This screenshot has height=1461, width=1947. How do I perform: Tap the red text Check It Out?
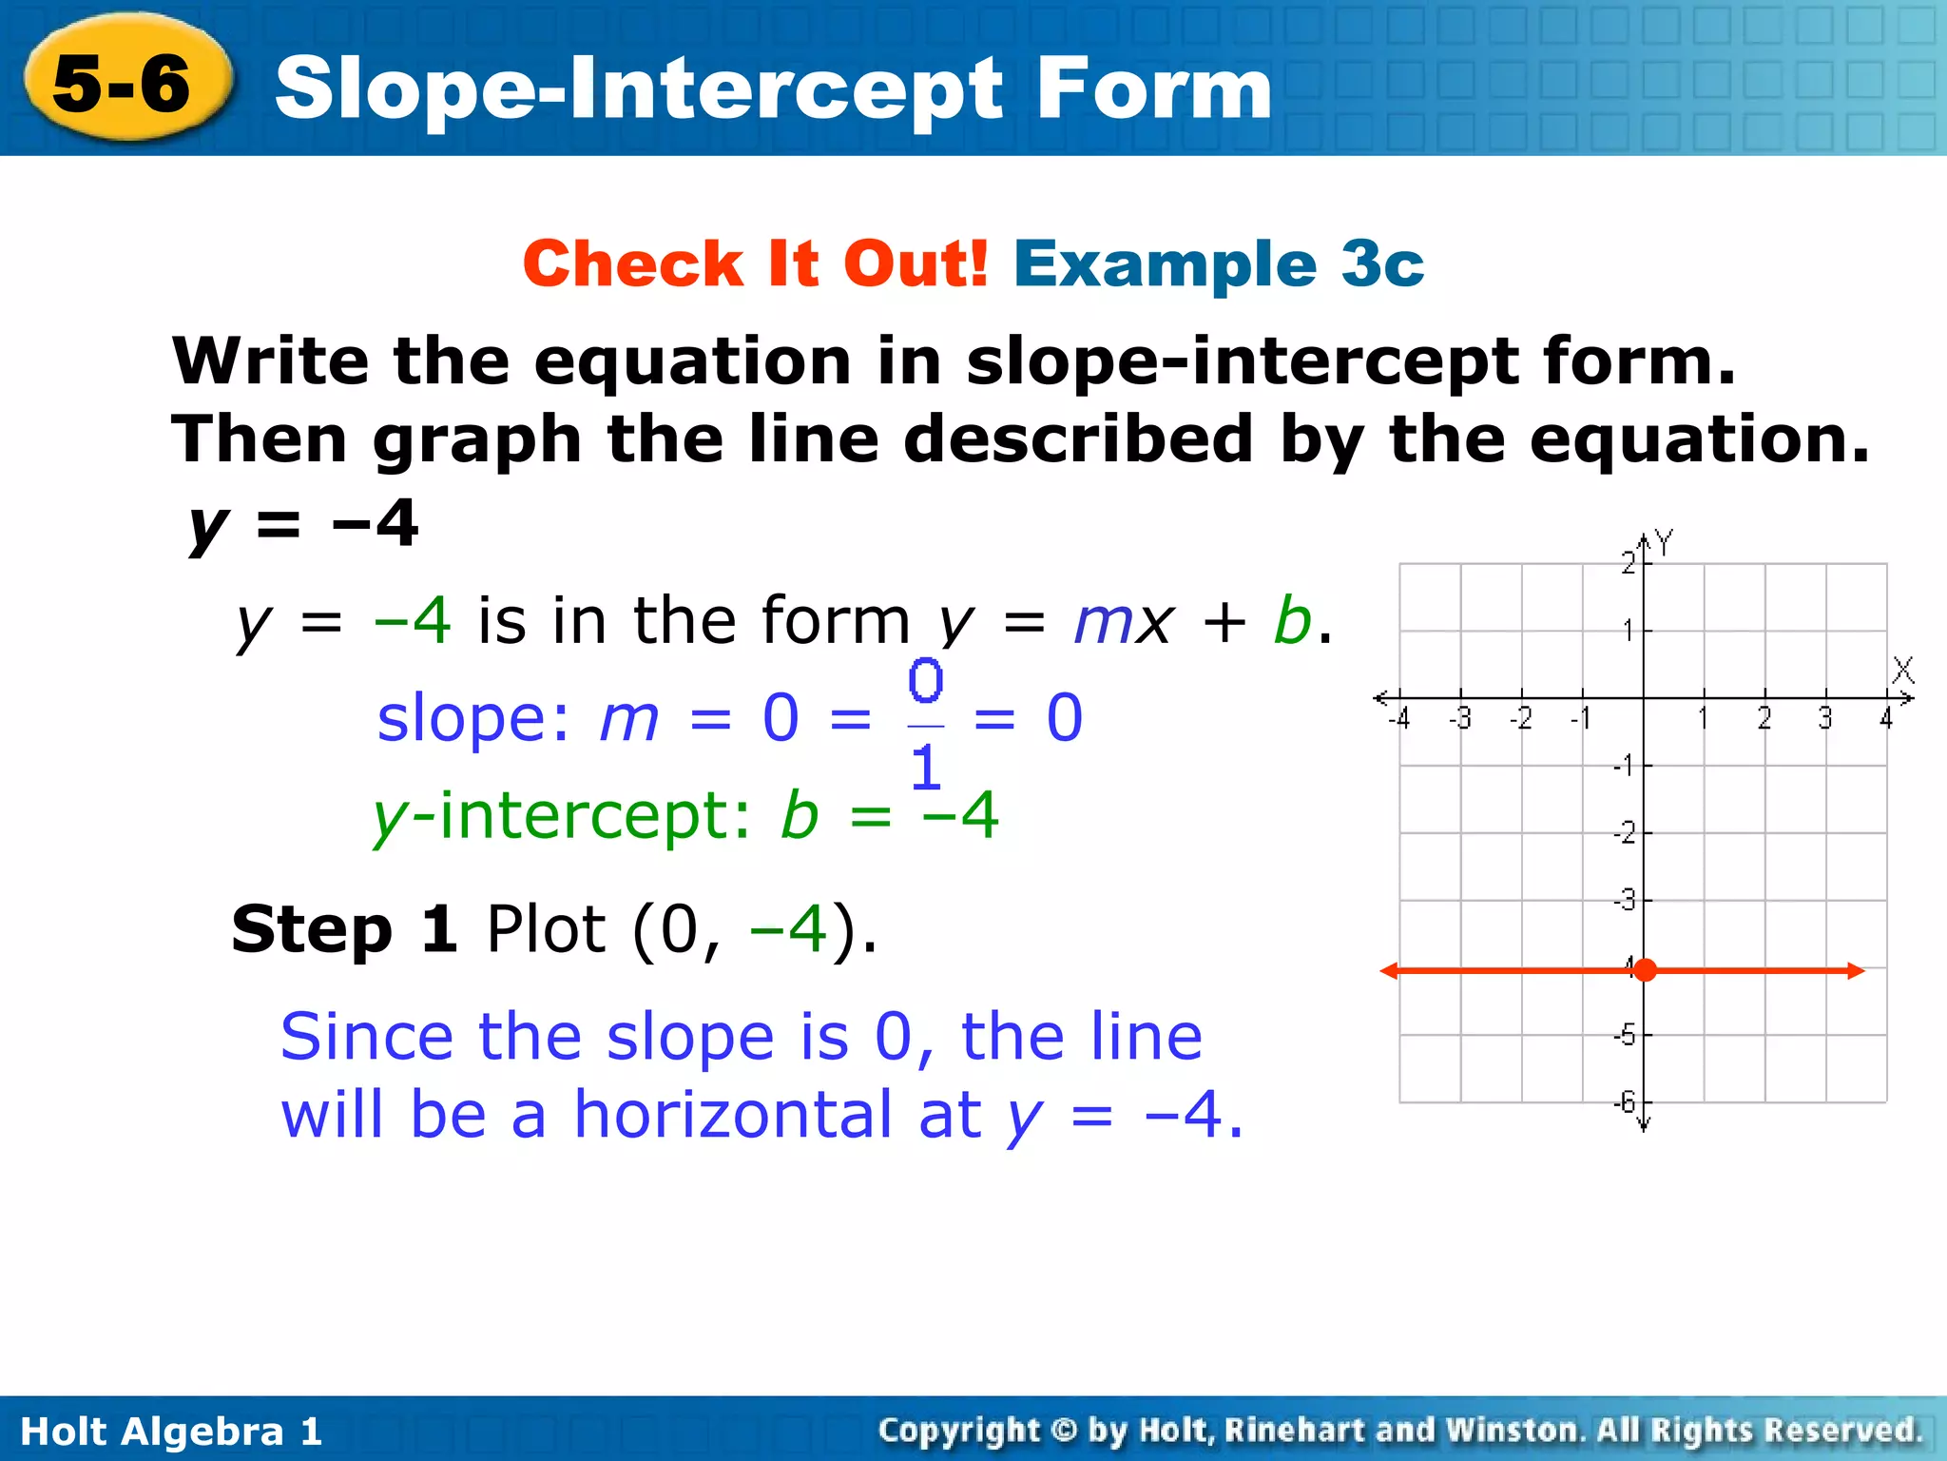(x=756, y=263)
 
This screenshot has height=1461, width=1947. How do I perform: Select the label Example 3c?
(x=1219, y=263)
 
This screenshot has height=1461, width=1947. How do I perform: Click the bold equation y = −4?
(x=303, y=524)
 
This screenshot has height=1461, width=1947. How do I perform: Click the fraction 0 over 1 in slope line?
(x=925, y=725)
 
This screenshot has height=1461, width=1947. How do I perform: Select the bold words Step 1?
(x=344, y=929)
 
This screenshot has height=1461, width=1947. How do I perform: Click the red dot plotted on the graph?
(x=1645, y=970)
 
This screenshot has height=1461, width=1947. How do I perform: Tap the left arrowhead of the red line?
(x=1389, y=970)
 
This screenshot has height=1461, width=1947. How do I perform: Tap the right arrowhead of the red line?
(x=1857, y=970)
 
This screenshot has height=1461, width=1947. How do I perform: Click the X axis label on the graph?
(x=1902, y=671)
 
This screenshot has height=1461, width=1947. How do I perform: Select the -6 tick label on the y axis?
(x=1625, y=1101)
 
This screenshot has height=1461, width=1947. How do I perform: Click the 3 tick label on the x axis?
(x=1824, y=719)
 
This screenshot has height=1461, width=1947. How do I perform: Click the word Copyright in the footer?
(x=959, y=1431)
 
